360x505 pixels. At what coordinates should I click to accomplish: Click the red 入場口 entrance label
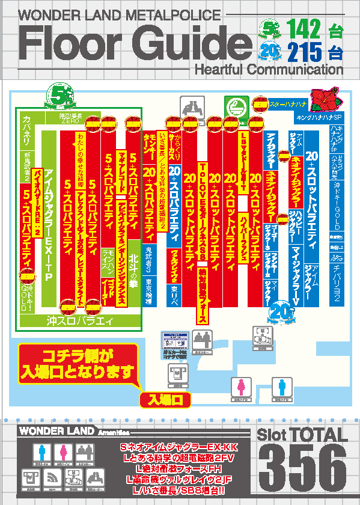click(165, 399)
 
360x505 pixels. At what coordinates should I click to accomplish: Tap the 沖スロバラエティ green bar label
click(80, 321)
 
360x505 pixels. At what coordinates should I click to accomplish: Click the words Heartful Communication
click(268, 70)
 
